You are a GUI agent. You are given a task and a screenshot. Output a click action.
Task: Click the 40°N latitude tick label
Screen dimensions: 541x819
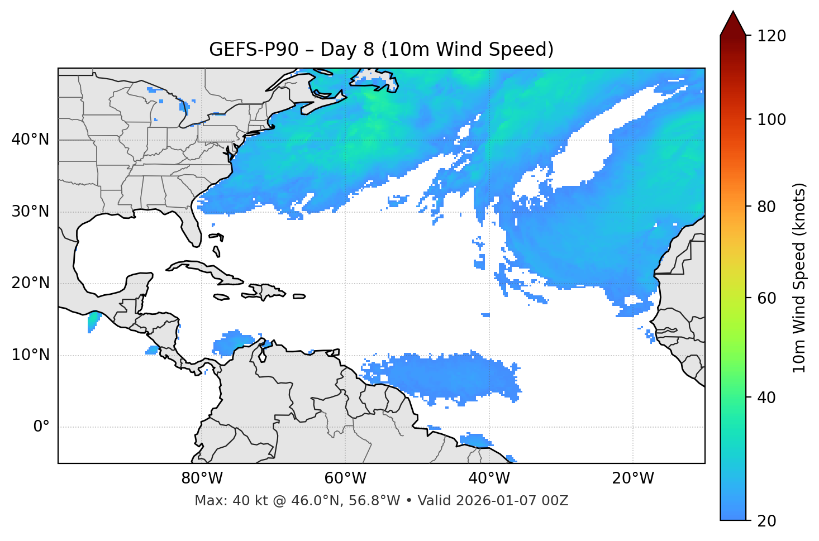pyautogui.click(x=30, y=140)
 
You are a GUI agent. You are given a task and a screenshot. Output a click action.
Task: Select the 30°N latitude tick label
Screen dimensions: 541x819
pyautogui.click(x=30, y=212)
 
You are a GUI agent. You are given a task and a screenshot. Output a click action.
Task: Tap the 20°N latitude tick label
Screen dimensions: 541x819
pyautogui.click(x=30, y=283)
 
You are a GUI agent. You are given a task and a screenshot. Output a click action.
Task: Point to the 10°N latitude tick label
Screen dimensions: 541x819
pyautogui.click(x=30, y=355)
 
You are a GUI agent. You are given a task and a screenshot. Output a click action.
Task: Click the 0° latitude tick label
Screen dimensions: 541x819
pyautogui.click(x=41, y=427)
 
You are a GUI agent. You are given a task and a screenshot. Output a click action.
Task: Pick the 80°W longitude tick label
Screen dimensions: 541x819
pyautogui.click(x=202, y=478)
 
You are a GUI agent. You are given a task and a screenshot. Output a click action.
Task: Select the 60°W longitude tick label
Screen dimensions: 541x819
pyautogui.click(x=345, y=478)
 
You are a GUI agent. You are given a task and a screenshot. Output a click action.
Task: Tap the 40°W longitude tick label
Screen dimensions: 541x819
pyautogui.click(x=489, y=478)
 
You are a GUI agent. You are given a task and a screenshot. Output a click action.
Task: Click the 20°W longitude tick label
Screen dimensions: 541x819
pyautogui.click(x=632, y=478)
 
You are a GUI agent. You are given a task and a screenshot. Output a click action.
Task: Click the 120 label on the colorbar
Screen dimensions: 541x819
pyautogui.click(x=772, y=36)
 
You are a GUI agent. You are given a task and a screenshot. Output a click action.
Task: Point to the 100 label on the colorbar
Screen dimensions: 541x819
pyautogui.click(x=772, y=119)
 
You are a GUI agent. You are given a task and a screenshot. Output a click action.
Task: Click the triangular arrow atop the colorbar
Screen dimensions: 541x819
pyautogui.click(x=733, y=24)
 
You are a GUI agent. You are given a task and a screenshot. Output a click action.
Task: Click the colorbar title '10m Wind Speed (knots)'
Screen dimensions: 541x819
pyautogui.click(x=799, y=277)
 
